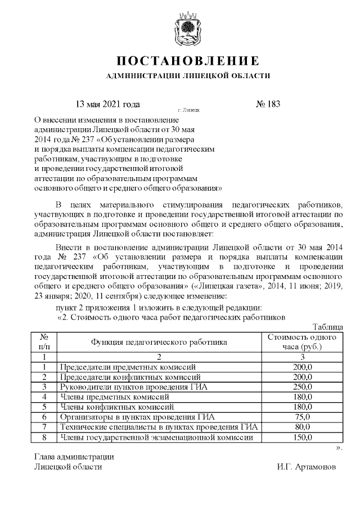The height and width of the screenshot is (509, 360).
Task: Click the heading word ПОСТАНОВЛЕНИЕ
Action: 188,61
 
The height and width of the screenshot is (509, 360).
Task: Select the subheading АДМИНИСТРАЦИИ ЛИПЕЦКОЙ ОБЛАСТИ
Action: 188,75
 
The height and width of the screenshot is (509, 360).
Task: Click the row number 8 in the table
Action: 44,437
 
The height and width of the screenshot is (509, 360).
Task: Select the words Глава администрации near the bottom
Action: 74,457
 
